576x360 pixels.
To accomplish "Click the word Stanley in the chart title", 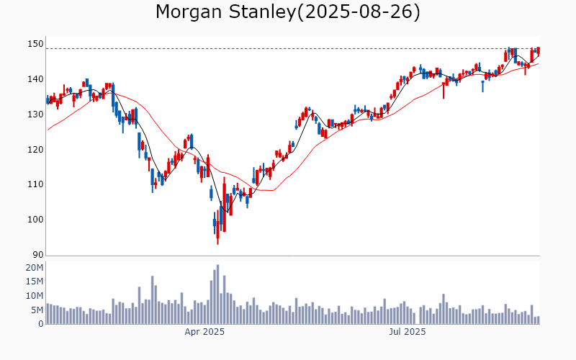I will click(x=262, y=12).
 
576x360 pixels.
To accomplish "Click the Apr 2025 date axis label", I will click(x=205, y=332).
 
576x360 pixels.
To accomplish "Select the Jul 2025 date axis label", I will click(x=408, y=332).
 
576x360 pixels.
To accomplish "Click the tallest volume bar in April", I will click(x=217, y=294).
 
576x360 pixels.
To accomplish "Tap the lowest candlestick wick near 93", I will click(x=217, y=243).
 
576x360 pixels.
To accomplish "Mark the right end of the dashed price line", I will click(x=539, y=49).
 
